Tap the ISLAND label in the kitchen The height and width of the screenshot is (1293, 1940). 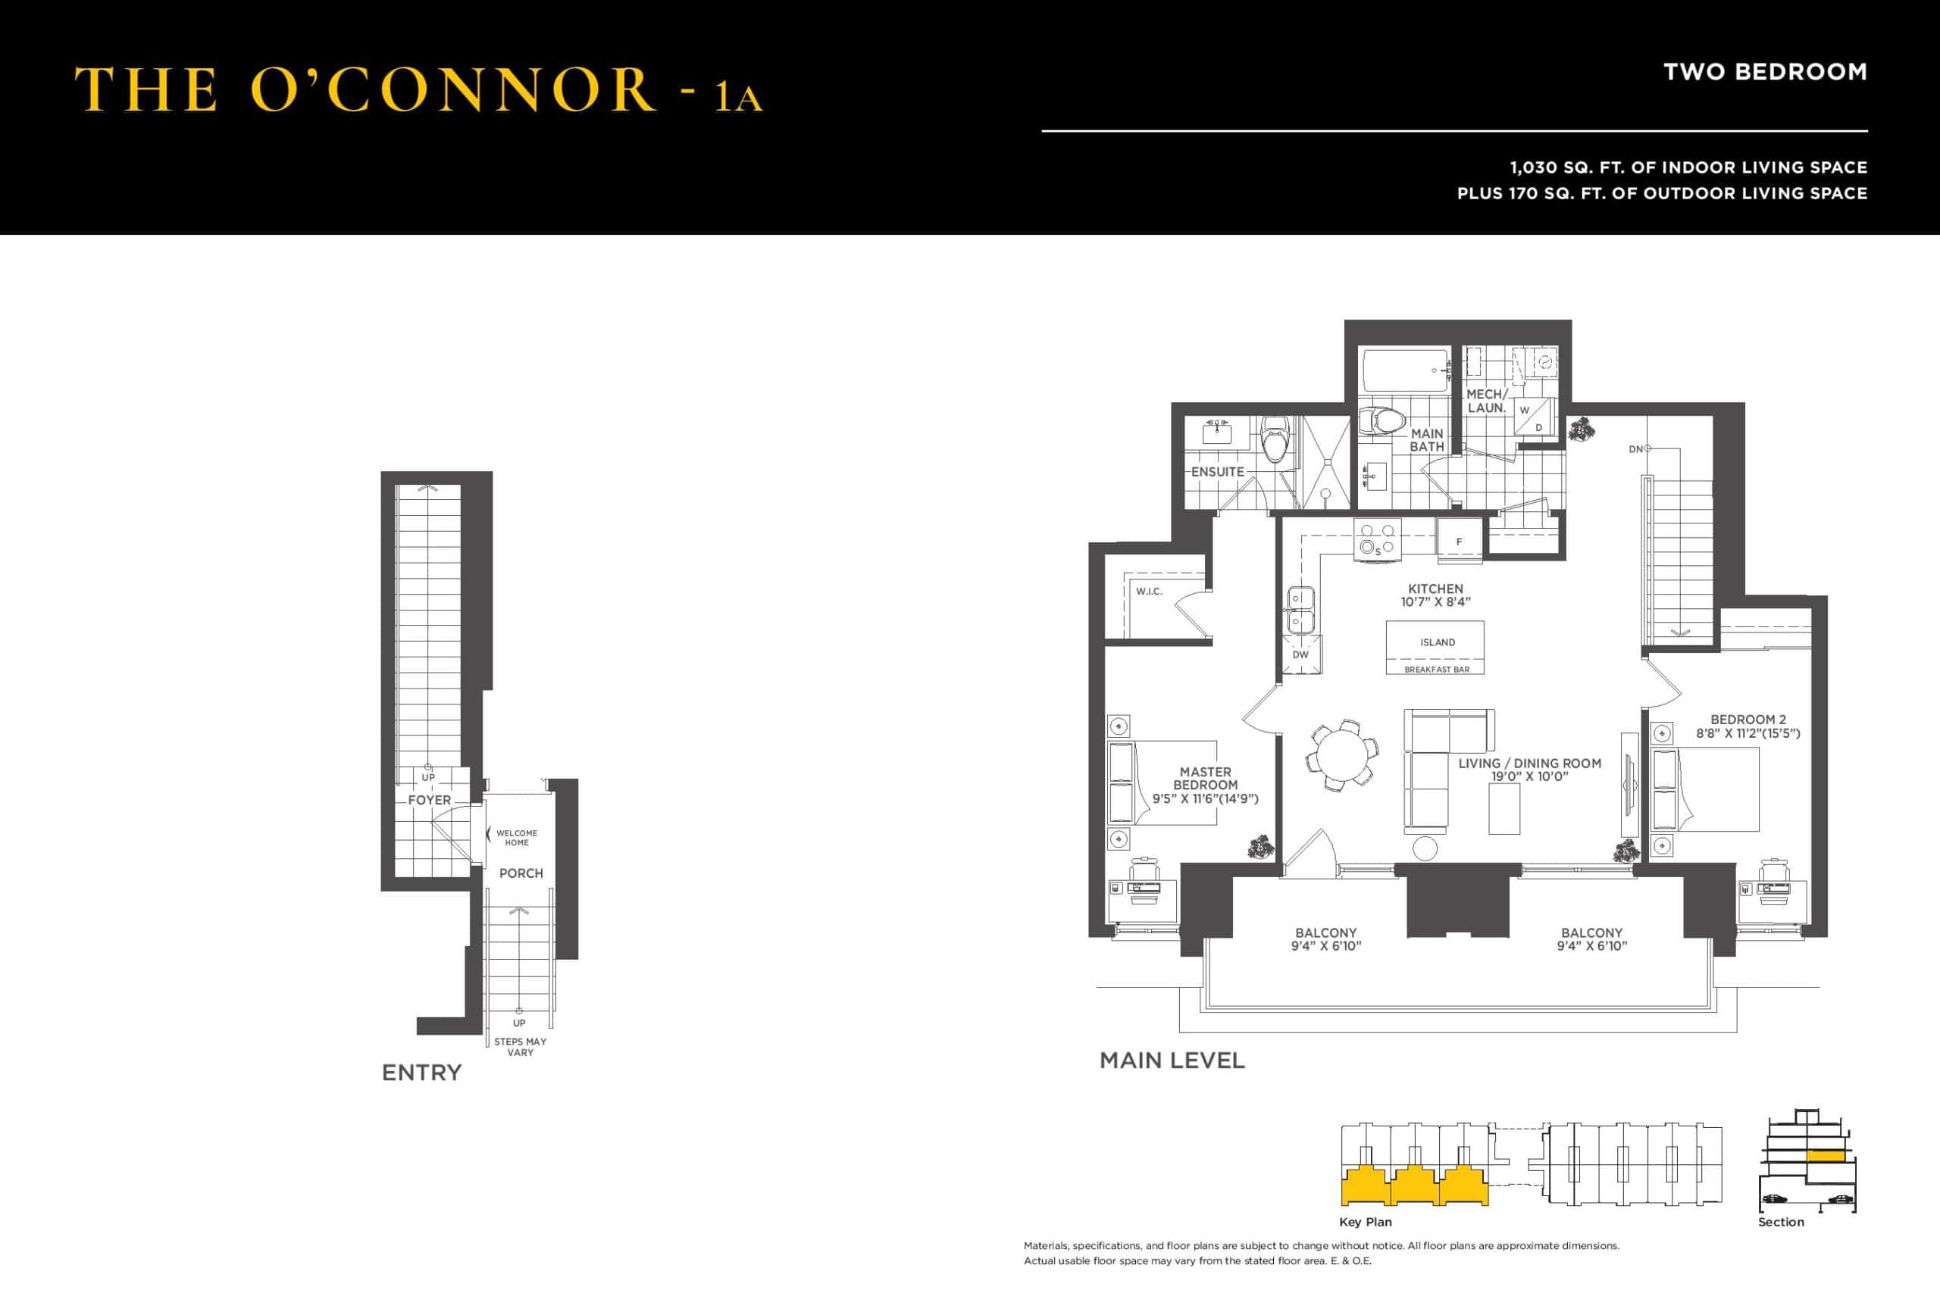click(x=1438, y=642)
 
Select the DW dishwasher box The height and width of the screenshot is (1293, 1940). click(x=1300, y=654)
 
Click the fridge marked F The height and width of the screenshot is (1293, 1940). click(x=1459, y=541)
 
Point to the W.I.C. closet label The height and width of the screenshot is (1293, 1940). click(x=1149, y=592)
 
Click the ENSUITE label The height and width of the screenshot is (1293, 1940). click(x=1218, y=472)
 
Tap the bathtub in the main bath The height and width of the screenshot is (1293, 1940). click(x=1406, y=370)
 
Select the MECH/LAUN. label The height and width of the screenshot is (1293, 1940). click(x=1486, y=401)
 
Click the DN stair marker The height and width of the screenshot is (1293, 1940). click(x=1635, y=449)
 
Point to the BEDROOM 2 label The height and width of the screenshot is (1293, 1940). click(x=1748, y=719)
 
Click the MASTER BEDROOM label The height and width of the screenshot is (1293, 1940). click(x=1205, y=779)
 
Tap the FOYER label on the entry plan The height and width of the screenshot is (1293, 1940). click(x=429, y=800)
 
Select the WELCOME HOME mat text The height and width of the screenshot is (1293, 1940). click(x=516, y=838)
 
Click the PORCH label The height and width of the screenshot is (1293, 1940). click(x=521, y=873)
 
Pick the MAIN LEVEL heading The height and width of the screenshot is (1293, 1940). click(x=1172, y=1060)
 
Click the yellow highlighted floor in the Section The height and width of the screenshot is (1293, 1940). click(x=1825, y=1156)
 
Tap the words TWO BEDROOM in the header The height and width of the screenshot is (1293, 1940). click(x=1765, y=73)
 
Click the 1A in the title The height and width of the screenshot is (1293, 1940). click(x=738, y=97)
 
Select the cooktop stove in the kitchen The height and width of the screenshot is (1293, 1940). click(x=1378, y=540)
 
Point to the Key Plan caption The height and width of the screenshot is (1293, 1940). click(x=1365, y=1222)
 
